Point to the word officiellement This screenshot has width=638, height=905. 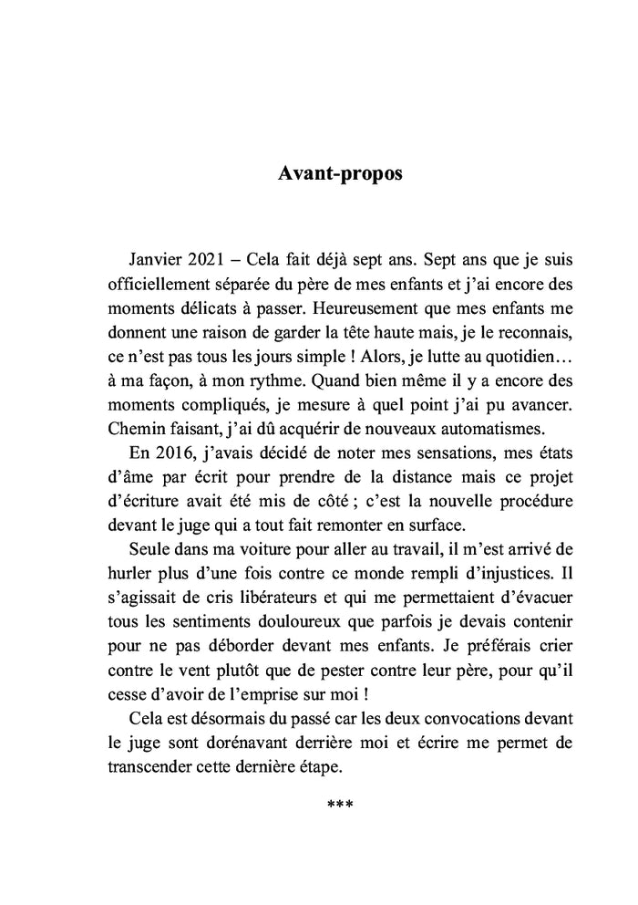pyautogui.click(x=152, y=283)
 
